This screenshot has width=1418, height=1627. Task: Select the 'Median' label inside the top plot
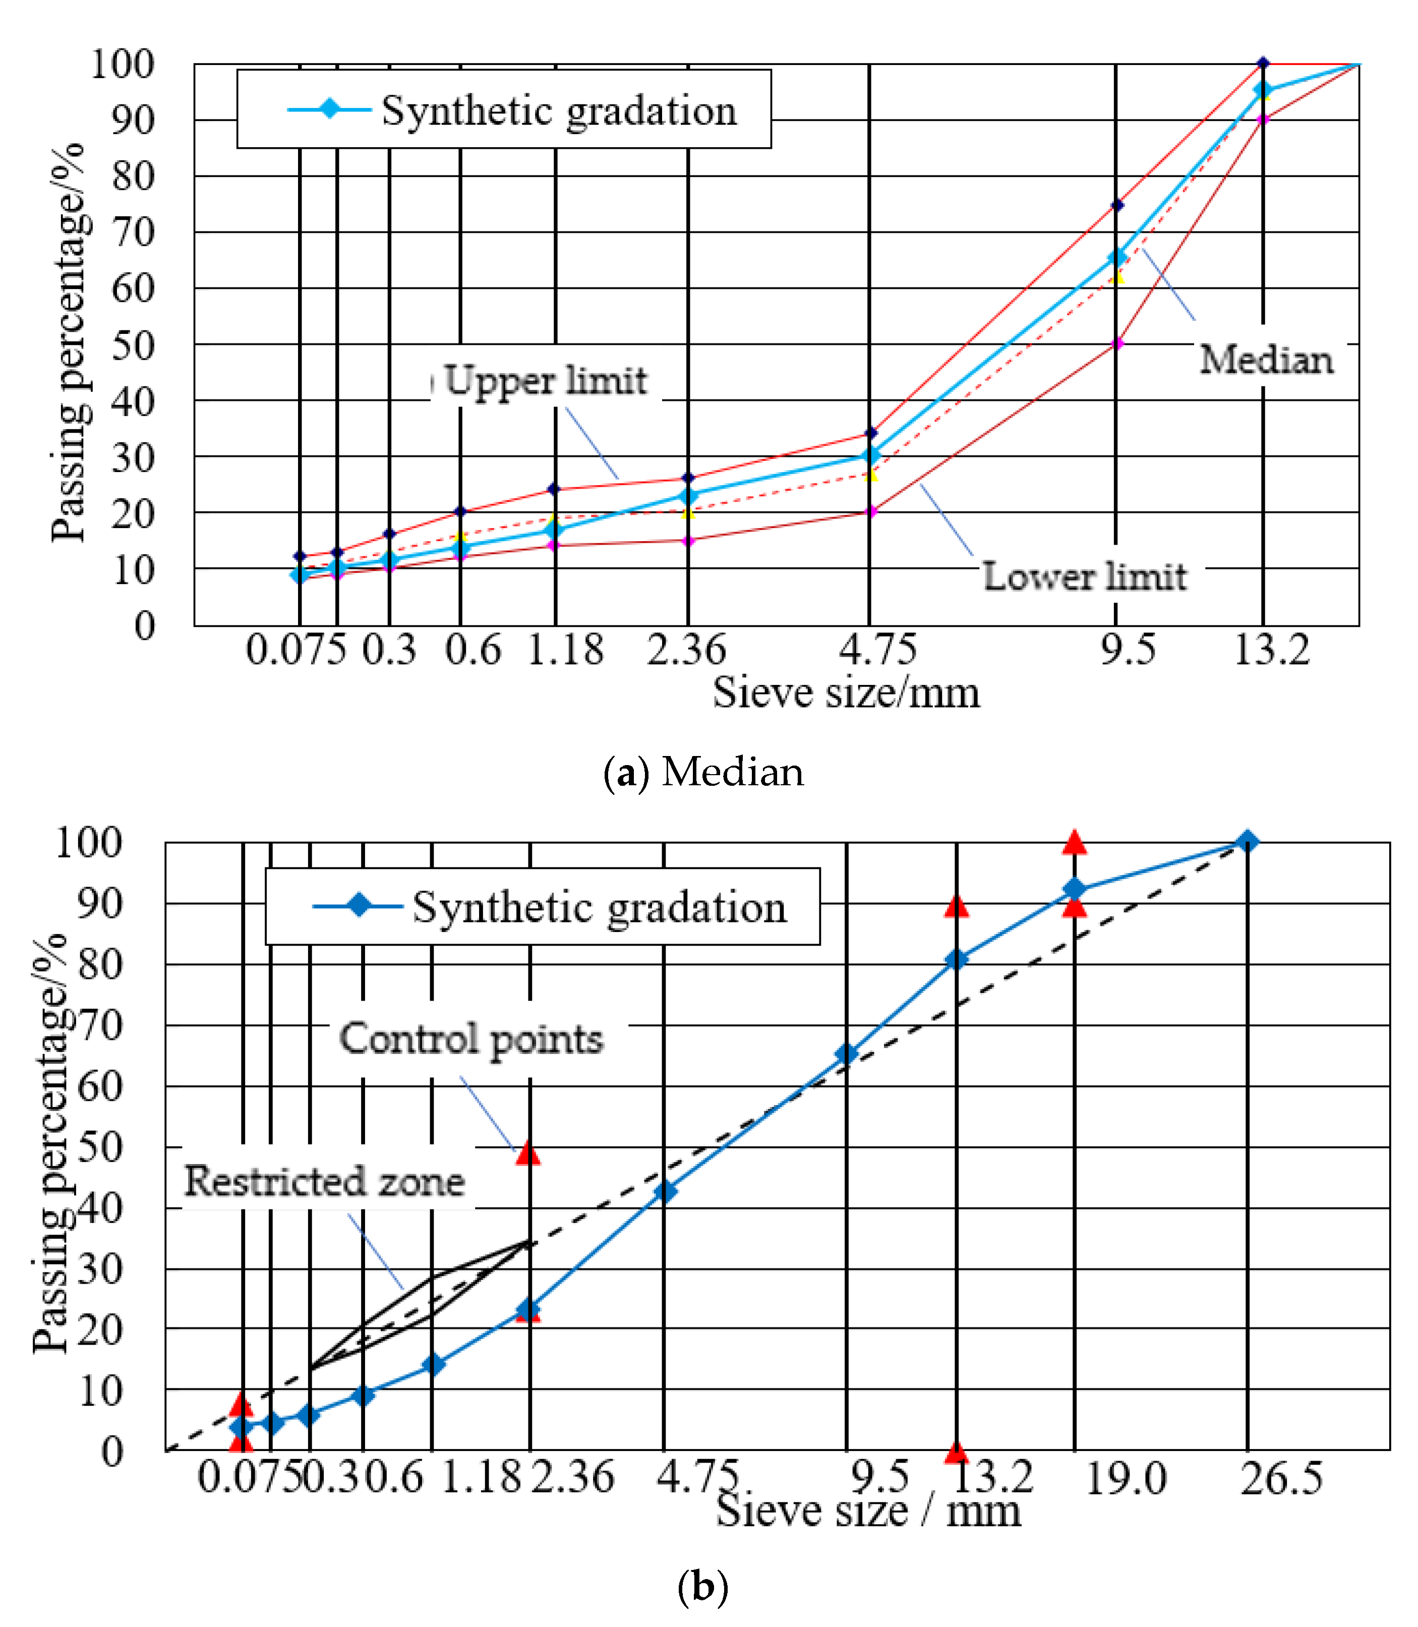pos(1266,361)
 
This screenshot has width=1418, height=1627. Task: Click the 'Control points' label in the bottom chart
pos(471,1039)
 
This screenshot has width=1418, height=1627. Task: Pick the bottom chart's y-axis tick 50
pos(100,1147)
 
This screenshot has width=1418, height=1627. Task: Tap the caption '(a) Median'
pos(702,772)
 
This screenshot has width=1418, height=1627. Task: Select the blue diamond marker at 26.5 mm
pos(1247,842)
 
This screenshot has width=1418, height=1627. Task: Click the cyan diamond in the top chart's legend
pos(329,109)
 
